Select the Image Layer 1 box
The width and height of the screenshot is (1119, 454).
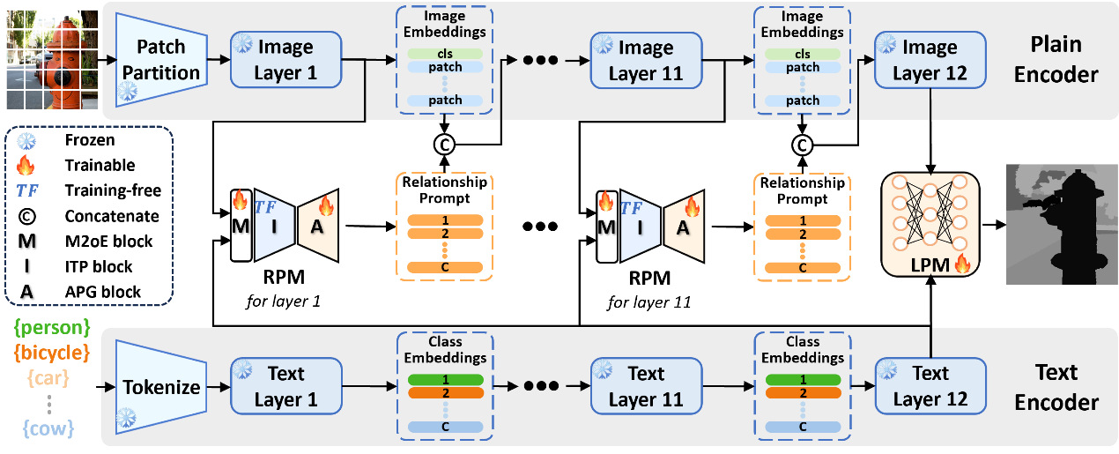pos(284,60)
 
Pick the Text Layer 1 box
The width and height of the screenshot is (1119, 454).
pos(284,386)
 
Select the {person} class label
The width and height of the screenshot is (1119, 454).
pos(53,328)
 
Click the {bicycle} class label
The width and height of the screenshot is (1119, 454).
pos(53,354)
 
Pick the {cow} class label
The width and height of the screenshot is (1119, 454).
pos(48,429)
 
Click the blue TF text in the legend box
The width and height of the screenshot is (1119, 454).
pos(26,189)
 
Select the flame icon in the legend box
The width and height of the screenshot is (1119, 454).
pos(26,165)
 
